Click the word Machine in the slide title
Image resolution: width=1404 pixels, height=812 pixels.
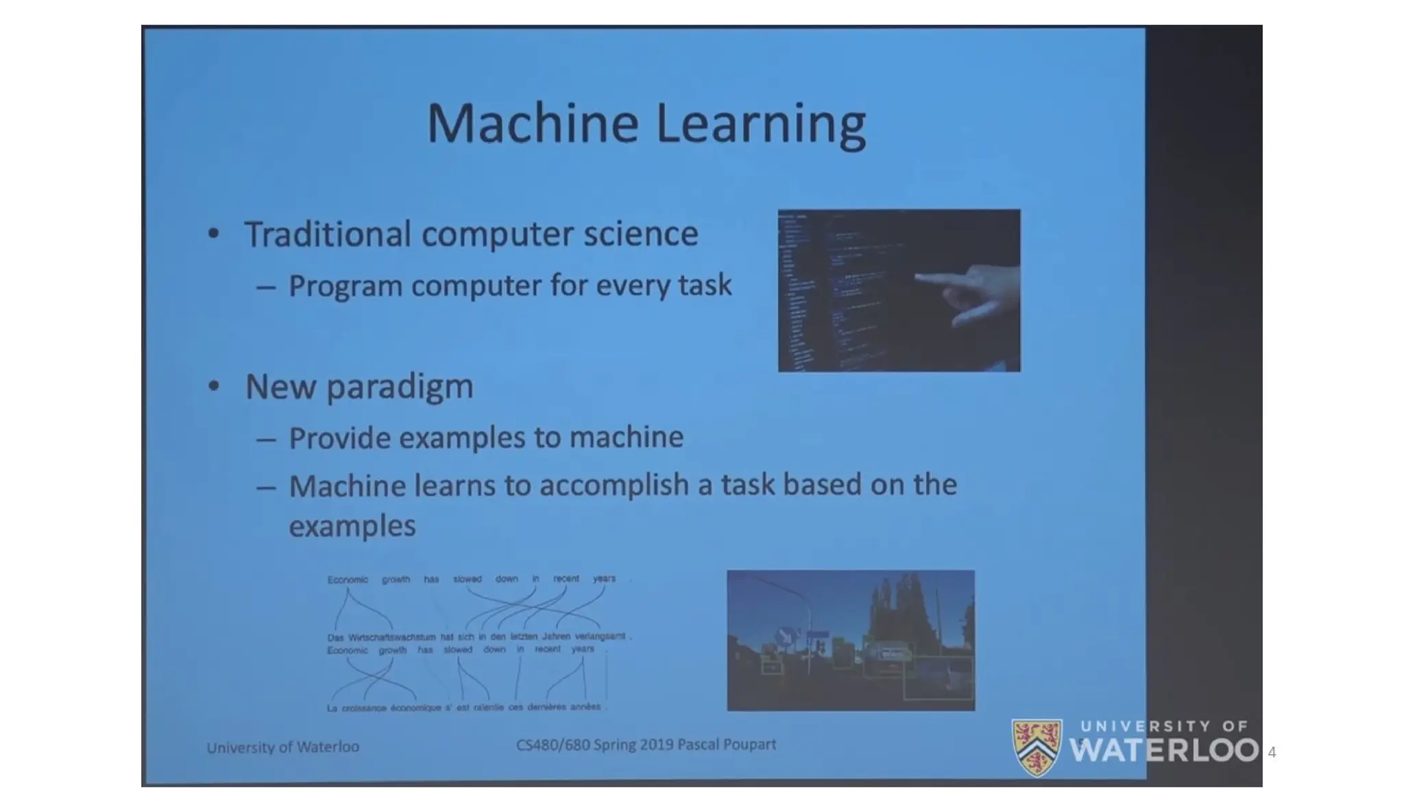[x=533, y=123]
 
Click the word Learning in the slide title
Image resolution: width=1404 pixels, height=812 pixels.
[x=761, y=126]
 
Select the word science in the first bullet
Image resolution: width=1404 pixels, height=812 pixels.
[x=640, y=234]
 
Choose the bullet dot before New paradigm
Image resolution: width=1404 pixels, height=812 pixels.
[x=214, y=387]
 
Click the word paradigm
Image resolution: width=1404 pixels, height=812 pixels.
[x=400, y=388]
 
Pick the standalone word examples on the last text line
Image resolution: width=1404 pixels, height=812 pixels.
[x=352, y=527]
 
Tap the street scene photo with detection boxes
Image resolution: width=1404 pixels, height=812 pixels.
[x=850, y=640]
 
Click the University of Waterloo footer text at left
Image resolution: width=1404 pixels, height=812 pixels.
[x=282, y=747]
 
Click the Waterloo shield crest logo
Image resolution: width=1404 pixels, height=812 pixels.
[x=1037, y=748]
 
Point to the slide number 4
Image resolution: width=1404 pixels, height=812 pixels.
[x=1272, y=752]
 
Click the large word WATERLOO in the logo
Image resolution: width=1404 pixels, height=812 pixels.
[x=1163, y=750]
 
